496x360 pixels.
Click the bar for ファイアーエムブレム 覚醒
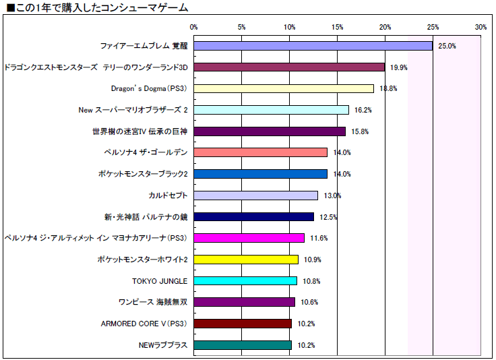pos(313,46)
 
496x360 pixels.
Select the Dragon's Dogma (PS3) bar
pos(284,88)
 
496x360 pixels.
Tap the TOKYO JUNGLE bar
pos(245,280)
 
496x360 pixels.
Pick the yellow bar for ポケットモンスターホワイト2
pos(246,260)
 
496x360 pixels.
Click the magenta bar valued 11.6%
pos(249,238)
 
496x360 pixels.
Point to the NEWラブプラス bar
pos(243,345)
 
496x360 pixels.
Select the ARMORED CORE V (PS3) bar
pos(243,324)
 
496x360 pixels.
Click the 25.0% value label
pos(447,47)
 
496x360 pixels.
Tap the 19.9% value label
pos(399,67)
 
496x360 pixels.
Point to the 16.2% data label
pos(363,110)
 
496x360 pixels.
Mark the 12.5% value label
pos(328,217)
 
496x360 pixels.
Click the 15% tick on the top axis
pos(338,27)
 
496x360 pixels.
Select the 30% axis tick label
pos(480,27)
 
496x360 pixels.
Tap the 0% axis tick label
pos(194,27)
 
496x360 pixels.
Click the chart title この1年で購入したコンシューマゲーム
pos(97,7)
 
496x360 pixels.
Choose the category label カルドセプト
pos(168,196)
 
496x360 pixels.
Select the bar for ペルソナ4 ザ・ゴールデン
pos(261,152)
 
